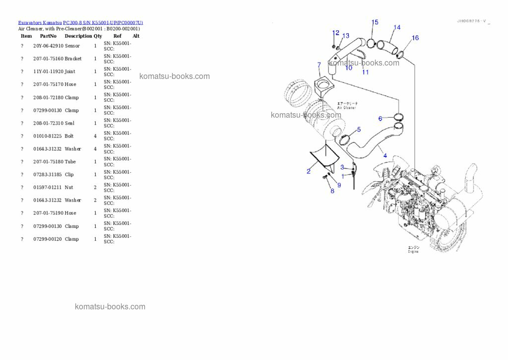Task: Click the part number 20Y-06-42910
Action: click(48, 46)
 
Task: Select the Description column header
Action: click(78, 36)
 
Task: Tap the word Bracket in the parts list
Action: click(73, 59)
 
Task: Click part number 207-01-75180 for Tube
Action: click(48, 162)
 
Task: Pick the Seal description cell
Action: click(69, 123)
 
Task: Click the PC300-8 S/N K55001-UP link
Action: click(103, 23)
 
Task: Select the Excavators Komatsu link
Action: click(40, 23)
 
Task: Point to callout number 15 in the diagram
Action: click(375, 22)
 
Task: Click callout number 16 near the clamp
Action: click(415, 38)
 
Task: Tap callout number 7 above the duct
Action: click(319, 65)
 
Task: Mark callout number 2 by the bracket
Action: click(309, 171)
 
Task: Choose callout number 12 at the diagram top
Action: click(336, 33)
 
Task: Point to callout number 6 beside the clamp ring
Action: click(380, 119)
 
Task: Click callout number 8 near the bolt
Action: click(332, 191)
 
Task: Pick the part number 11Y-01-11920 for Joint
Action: click(48, 72)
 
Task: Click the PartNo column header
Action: click(48, 36)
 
